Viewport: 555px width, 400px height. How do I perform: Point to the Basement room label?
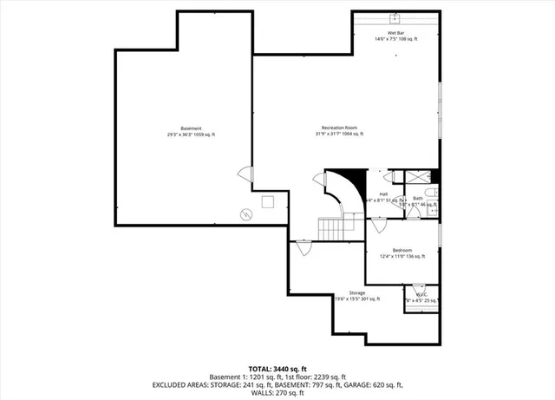[x=191, y=131]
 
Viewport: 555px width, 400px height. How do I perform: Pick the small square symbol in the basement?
[x=266, y=201]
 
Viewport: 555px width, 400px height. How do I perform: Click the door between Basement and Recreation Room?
[x=246, y=174]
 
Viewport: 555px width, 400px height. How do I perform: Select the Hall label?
[x=383, y=194]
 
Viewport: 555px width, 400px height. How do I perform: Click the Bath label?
[x=417, y=199]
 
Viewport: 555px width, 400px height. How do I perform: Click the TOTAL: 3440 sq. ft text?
[x=277, y=367]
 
